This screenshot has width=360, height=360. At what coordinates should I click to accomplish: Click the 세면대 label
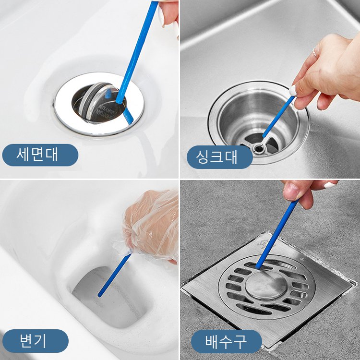coord(40,155)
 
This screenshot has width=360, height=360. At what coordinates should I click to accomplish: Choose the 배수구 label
coord(226,341)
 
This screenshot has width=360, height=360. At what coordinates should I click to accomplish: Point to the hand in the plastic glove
coord(151,223)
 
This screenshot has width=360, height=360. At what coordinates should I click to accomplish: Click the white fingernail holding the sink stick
coord(293,90)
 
